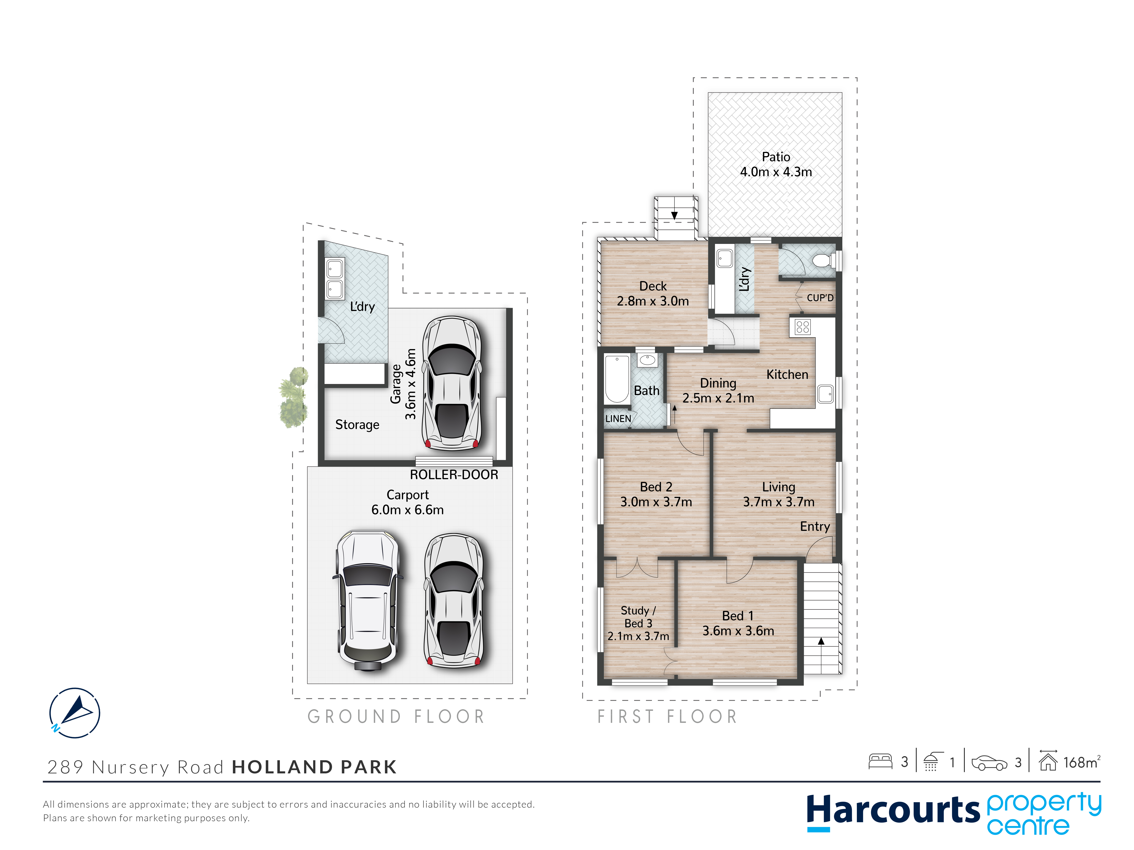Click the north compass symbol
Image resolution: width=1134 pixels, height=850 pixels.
(75, 713)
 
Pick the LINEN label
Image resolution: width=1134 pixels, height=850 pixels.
(618, 419)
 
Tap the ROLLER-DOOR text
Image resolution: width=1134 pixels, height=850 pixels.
(454, 475)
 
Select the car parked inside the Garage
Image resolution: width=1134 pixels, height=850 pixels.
(452, 383)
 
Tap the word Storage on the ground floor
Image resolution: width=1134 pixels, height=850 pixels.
(357, 425)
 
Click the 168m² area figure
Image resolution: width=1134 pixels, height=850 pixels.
(1082, 762)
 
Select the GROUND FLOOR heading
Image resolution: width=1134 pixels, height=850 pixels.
(396, 716)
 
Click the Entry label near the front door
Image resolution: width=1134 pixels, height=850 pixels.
(815, 527)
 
